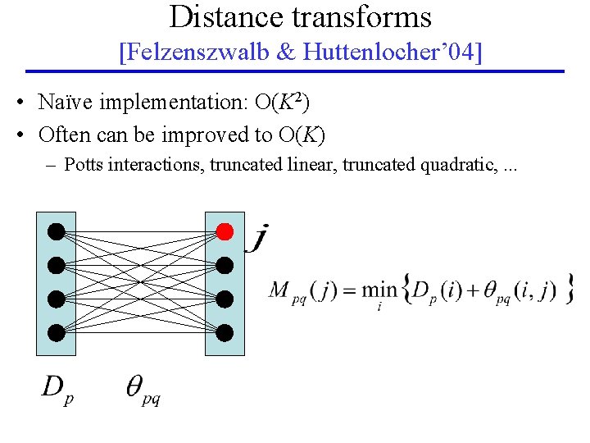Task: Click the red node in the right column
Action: tap(225, 232)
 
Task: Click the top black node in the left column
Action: tap(56, 232)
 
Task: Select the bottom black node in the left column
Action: tap(56, 332)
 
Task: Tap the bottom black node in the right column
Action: tap(225, 332)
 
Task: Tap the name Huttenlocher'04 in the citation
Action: tap(390, 53)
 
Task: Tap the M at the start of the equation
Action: tap(280, 290)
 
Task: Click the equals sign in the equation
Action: tap(345, 290)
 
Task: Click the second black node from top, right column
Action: tap(225, 266)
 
